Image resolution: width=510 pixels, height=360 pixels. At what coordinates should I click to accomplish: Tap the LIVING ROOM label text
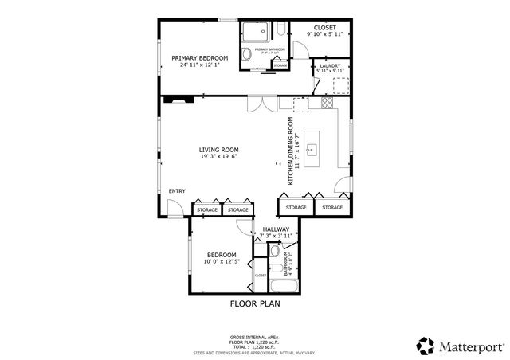[219, 149]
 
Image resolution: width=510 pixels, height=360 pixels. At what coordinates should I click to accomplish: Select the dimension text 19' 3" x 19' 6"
[219, 157]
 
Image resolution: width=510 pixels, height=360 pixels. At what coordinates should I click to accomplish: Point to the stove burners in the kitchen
[326, 104]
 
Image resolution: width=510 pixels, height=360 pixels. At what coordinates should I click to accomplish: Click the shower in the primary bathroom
[255, 31]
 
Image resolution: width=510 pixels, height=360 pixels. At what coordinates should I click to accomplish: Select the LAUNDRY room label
[330, 65]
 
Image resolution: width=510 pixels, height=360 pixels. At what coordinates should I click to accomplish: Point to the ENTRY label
[177, 190]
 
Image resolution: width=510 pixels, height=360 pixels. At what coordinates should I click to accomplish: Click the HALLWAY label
[276, 229]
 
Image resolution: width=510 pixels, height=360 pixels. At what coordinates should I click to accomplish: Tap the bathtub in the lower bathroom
[282, 284]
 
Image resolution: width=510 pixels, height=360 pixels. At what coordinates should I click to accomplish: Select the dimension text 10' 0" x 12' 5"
[221, 261]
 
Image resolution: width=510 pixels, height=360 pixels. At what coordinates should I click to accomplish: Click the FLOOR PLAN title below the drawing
[255, 303]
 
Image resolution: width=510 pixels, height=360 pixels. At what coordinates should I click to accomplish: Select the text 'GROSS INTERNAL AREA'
[255, 338]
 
